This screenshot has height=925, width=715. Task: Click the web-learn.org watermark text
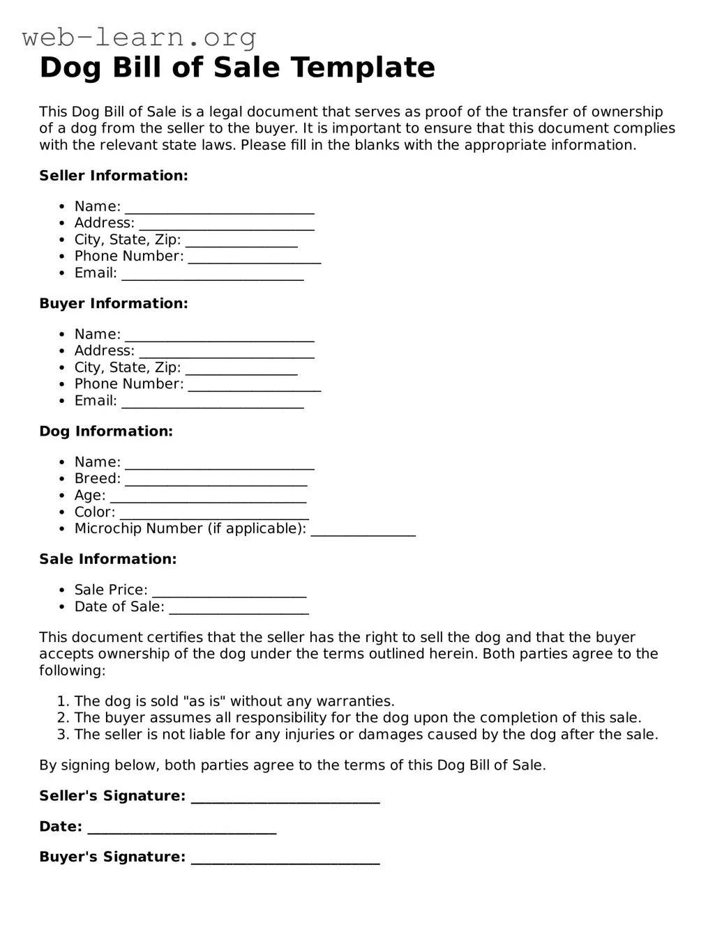point(140,37)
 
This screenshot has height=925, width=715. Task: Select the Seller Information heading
point(114,176)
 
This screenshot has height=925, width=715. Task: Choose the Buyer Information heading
point(114,303)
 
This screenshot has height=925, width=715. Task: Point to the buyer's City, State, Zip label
point(128,367)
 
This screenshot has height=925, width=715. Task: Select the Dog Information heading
point(106,431)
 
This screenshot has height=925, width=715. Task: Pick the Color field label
point(94,512)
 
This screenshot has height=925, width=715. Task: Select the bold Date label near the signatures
point(61,827)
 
